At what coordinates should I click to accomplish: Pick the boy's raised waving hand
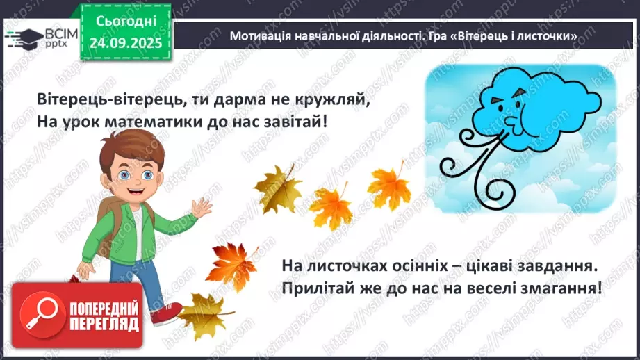(x=202, y=208)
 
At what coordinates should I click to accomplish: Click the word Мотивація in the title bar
(x=261, y=35)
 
